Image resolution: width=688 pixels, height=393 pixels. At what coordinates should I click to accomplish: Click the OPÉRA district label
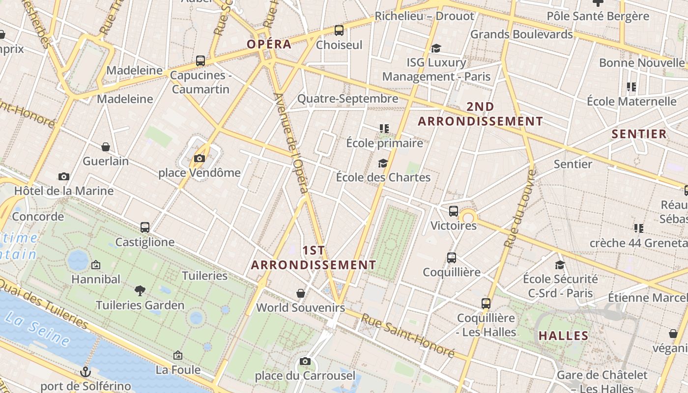click(269, 44)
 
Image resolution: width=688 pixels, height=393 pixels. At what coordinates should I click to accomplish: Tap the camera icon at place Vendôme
click(199, 158)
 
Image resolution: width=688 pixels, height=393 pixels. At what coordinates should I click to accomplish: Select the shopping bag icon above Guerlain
click(106, 146)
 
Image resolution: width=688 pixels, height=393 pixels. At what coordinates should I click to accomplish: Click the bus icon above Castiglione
click(144, 227)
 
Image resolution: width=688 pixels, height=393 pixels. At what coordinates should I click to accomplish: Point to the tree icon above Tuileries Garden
click(140, 290)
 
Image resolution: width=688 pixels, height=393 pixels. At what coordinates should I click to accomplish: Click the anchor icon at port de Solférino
click(86, 372)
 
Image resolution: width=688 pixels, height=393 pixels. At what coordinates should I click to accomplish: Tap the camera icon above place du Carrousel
click(305, 362)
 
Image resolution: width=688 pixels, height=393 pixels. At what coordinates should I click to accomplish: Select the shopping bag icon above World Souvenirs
click(301, 293)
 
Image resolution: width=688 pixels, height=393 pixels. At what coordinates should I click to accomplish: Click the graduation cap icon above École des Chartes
click(383, 163)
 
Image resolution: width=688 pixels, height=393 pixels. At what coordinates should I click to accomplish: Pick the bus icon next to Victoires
click(453, 211)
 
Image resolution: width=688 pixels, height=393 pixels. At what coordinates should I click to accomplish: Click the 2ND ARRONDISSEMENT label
click(480, 114)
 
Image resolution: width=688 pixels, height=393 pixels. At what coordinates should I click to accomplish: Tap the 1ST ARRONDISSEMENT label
click(314, 258)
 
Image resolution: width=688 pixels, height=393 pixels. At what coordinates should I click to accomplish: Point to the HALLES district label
click(563, 336)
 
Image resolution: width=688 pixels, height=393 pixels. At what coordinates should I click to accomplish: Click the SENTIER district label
click(639, 134)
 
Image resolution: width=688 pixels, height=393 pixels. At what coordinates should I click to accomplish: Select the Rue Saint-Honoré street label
click(407, 335)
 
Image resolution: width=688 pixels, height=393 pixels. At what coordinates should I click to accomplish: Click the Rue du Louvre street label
click(519, 209)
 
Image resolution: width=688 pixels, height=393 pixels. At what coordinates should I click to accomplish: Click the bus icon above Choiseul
click(339, 30)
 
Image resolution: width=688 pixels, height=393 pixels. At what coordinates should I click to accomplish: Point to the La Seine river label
click(37, 328)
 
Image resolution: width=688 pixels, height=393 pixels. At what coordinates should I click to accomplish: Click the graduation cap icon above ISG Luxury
click(435, 48)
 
